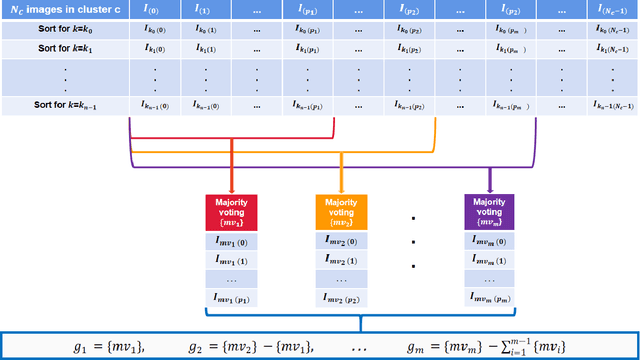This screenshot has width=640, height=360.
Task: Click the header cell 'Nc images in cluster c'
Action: (x=63, y=11)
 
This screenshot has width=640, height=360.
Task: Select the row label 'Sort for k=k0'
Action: (x=63, y=31)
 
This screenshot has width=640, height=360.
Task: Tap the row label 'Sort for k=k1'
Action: (x=63, y=48)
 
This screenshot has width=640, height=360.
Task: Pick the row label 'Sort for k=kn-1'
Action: (x=63, y=104)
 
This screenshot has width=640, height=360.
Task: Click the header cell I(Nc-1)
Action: (x=613, y=11)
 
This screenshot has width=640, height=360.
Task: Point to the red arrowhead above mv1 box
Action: (x=232, y=187)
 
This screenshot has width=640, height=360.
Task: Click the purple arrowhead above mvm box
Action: (x=490, y=187)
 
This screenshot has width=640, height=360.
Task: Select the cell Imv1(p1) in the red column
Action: (x=232, y=297)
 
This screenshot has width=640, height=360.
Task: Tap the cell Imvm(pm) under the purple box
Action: (x=490, y=297)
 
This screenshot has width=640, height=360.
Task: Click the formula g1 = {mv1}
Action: (x=109, y=345)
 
